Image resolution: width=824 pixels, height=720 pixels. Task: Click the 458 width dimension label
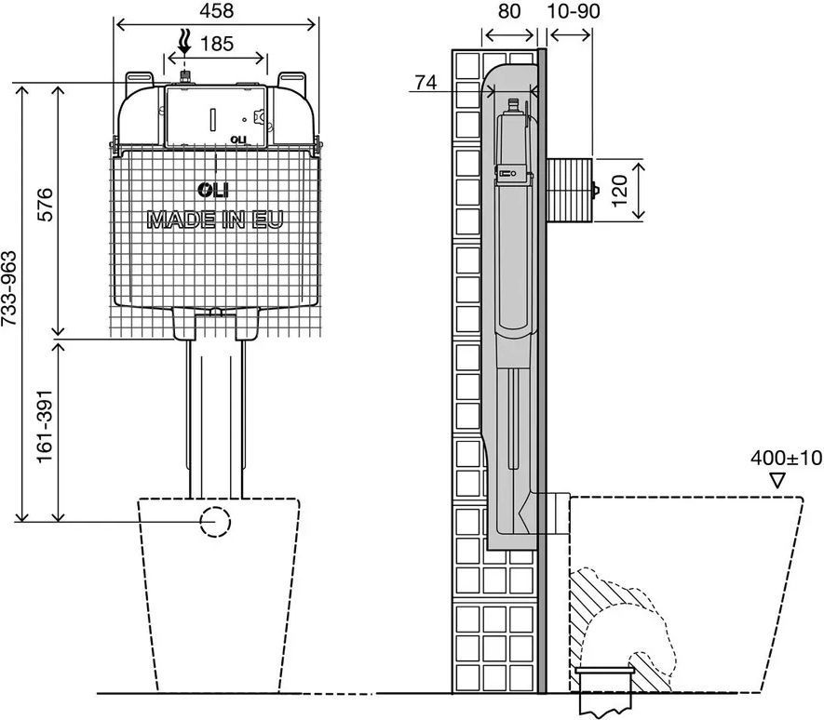coord(217,10)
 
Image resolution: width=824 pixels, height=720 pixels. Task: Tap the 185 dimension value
coord(217,44)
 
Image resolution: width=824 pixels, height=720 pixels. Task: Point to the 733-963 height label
coord(9,288)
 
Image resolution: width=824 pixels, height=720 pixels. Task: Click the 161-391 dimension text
coord(45,426)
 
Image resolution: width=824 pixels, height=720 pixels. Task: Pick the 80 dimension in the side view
coord(508,10)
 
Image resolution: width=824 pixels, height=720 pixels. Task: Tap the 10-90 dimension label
coord(574,10)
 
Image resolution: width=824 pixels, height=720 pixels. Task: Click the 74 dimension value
coord(426,83)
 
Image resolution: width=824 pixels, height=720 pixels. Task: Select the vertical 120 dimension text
coord(620,191)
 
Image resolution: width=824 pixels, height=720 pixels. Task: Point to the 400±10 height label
coord(786,458)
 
